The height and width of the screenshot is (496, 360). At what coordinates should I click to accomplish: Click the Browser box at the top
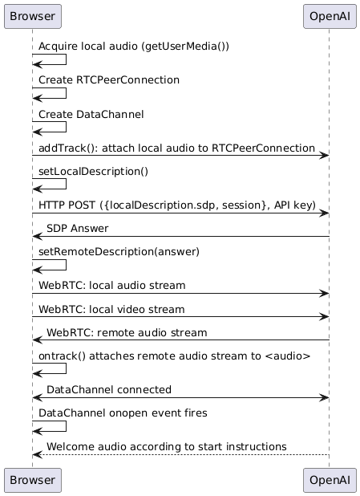point(33,16)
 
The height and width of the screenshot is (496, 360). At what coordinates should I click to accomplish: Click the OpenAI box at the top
point(330,16)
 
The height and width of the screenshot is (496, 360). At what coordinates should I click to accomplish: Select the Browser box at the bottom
point(33,480)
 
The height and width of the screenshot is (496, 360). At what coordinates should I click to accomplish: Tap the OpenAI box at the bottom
point(330,480)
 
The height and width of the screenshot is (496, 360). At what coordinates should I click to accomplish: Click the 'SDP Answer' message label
point(78,229)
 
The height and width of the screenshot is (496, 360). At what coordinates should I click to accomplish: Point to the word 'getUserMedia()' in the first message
point(185,47)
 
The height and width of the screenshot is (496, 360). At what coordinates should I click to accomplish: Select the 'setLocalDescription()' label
point(93,172)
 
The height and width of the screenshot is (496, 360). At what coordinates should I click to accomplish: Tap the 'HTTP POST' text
point(67,205)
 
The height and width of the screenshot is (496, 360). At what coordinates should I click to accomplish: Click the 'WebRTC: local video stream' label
point(111,309)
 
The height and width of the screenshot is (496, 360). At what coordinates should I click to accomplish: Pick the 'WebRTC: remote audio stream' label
point(127,333)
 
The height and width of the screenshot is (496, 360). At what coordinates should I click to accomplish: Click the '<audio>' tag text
point(287,356)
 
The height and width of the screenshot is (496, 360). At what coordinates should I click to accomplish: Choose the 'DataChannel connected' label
point(109,390)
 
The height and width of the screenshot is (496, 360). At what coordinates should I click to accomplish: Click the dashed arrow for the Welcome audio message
point(180,455)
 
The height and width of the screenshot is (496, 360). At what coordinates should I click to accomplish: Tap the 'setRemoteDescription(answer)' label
point(119,252)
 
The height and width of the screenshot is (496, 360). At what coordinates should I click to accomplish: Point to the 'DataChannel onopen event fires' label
point(123,413)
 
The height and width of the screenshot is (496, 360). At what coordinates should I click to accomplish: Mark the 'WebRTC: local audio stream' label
point(112,286)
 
